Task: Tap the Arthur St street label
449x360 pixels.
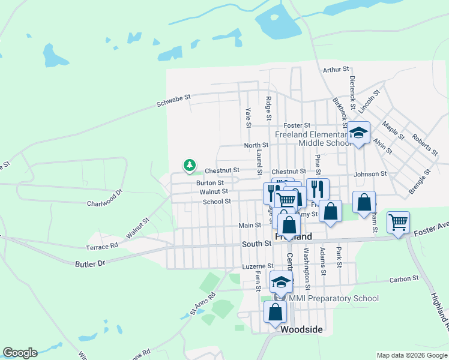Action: [x=335, y=70]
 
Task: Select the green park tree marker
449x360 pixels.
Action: [x=190, y=164]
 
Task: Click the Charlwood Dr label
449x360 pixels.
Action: [x=104, y=194]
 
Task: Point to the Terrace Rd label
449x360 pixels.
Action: [x=102, y=247]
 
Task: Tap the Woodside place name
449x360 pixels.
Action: [x=301, y=330]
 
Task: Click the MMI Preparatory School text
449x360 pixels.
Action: [x=334, y=298]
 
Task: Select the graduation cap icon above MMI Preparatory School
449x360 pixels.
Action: [x=281, y=282]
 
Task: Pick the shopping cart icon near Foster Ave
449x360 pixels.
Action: [x=398, y=222]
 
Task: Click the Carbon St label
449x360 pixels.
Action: [x=403, y=279]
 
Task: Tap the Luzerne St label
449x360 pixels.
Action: [x=258, y=266]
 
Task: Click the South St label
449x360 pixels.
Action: [x=257, y=244]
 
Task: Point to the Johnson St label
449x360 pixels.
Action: [x=370, y=174]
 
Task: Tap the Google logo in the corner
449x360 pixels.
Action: [x=20, y=353]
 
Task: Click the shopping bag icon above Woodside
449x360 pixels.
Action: [x=275, y=312]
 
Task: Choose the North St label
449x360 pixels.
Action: [x=256, y=145]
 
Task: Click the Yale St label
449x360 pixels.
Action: [x=248, y=117]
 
